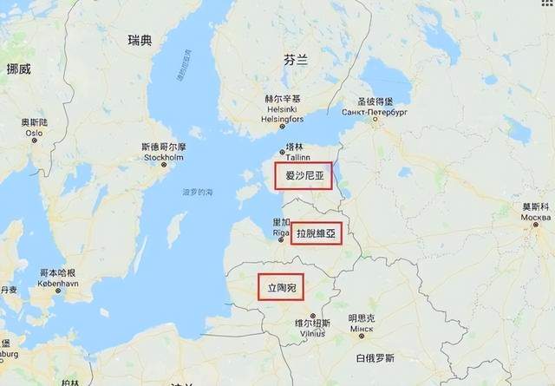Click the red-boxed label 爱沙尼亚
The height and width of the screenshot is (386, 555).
pos(303,176)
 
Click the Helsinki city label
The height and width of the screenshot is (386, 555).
pos(283,109)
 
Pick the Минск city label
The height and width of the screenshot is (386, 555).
pos(362,330)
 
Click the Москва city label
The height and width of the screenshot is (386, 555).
pos(535,217)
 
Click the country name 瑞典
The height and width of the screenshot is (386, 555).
pos(139,40)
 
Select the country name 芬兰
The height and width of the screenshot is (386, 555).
pos(295,59)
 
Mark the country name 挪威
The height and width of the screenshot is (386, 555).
pos(17,69)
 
